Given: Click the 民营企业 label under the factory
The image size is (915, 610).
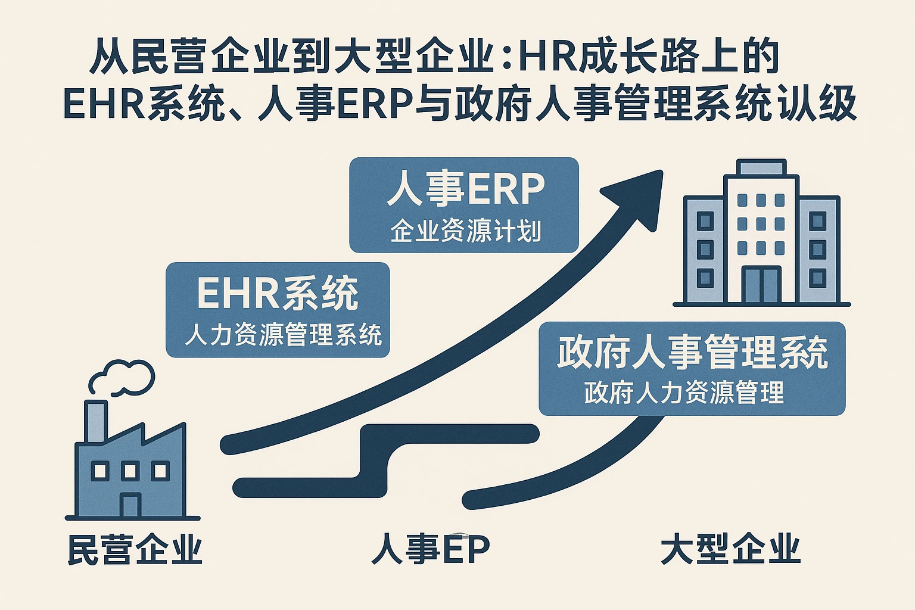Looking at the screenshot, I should (x=135, y=549).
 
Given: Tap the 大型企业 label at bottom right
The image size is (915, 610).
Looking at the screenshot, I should (x=730, y=549).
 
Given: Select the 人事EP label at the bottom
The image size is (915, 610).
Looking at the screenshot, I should (x=430, y=549).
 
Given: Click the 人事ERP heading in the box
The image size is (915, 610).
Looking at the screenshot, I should (x=465, y=189).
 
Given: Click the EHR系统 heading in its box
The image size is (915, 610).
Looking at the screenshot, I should (x=278, y=293).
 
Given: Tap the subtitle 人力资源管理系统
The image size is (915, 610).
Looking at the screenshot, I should (x=282, y=335).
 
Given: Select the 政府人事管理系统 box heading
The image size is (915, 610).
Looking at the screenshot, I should (x=692, y=352).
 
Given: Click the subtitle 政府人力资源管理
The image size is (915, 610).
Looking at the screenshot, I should (x=684, y=393).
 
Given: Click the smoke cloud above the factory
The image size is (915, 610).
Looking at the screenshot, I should (x=122, y=376).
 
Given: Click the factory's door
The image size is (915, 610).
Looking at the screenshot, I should (x=130, y=505).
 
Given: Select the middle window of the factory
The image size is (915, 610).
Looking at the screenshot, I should (x=130, y=471).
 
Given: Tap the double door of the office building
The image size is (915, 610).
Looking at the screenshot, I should (x=761, y=285).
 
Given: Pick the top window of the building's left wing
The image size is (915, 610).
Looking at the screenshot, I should (x=705, y=221).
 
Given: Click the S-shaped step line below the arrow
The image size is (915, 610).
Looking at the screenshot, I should (x=381, y=459).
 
